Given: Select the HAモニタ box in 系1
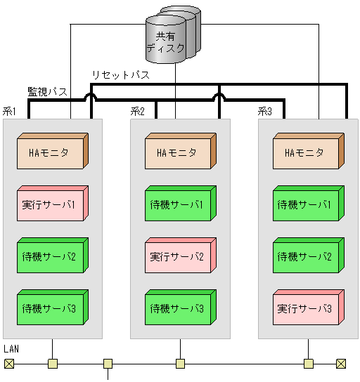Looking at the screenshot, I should pyautogui.click(x=51, y=152).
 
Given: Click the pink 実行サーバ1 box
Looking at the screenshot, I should pyautogui.click(x=51, y=204).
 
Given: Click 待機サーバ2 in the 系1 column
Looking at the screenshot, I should pyautogui.click(x=51, y=256).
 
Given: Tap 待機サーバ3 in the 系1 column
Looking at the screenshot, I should pyautogui.click(x=51, y=308).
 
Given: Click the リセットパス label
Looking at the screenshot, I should pyautogui.click(x=120, y=75).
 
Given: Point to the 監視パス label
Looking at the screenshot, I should pyautogui.click(x=47, y=92).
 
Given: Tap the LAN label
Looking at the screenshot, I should pyautogui.click(x=11, y=349).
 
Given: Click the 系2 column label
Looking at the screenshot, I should pyautogui.click(x=138, y=111).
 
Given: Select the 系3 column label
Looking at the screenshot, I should pyautogui.click(x=265, y=111).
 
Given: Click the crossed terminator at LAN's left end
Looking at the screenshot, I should pyautogui.click(x=8, y=364).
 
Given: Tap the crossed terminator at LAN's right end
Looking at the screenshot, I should pyautogui.click(x=341, y=364).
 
